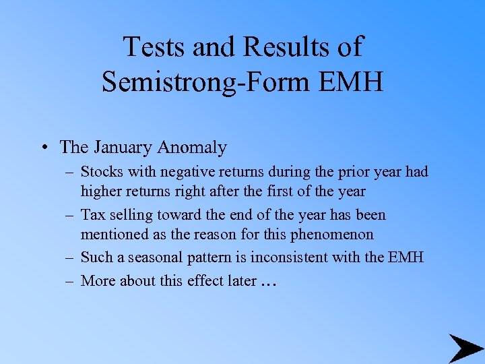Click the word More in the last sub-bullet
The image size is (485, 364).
click(x=97, y=280)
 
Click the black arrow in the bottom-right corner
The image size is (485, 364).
click(x=465, y=348)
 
